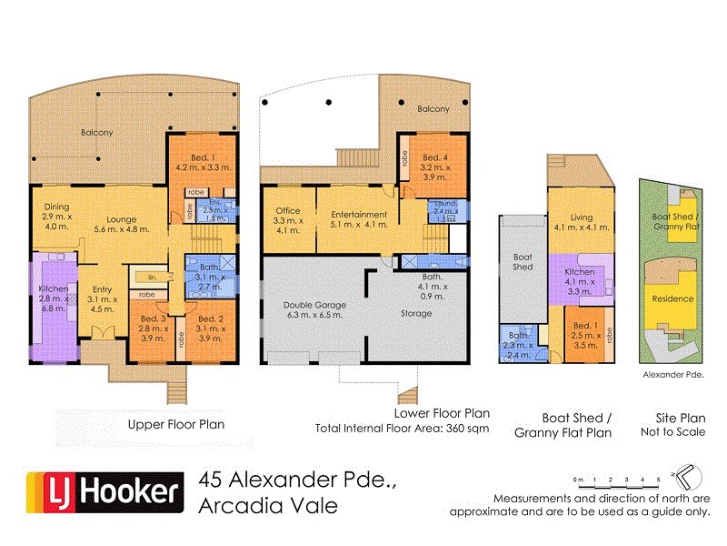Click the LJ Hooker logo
[101, 492]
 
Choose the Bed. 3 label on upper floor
[153, 324]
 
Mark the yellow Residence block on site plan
[673, 299]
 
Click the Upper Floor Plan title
[175, 424]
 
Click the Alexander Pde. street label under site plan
[673, 374]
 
